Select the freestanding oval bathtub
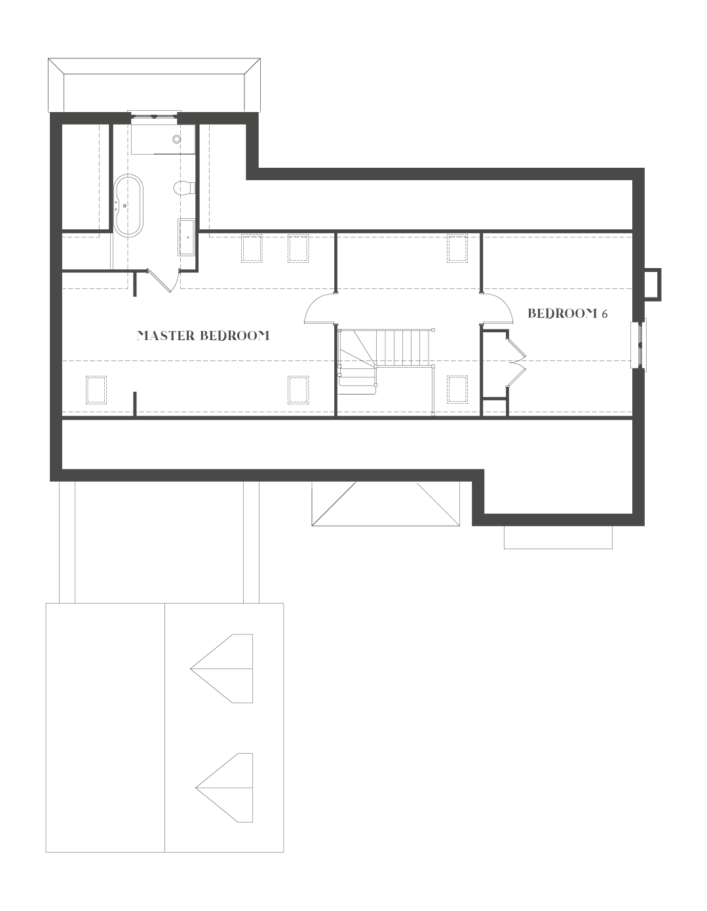[x=128, y=204]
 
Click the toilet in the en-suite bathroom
[x=184, y=188]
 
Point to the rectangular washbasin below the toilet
[x=187, y=237]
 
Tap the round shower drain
[x=177, y=139]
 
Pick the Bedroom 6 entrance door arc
[x=498, y=308]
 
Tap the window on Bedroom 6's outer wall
[x=639, y=344]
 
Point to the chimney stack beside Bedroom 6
[x=653, y=283]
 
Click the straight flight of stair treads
[x=406, y=347]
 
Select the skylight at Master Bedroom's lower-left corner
[x=96, y=389]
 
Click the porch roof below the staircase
[x=385, y=503]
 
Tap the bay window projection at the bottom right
[x=558, y=537]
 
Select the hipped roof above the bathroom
[x=154, y=85]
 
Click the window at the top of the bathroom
[x=154, y=117]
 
